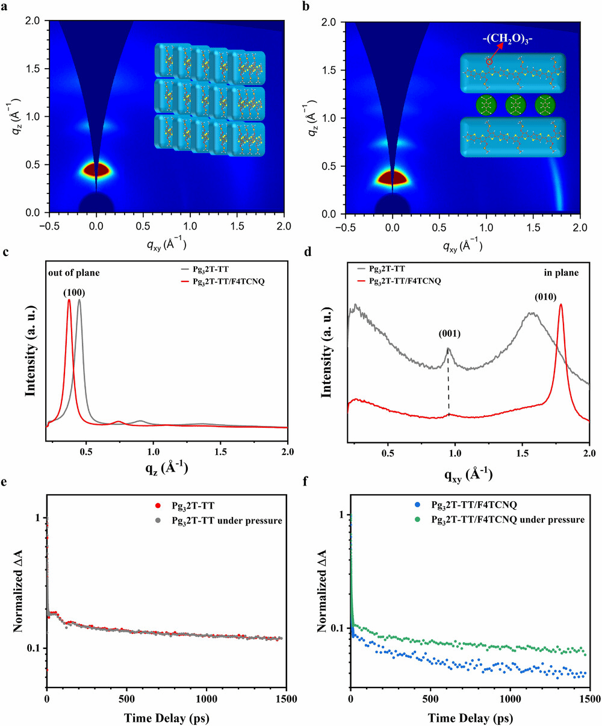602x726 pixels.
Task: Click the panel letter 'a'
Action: point(5,5)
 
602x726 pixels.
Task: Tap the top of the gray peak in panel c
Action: point(79,301)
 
